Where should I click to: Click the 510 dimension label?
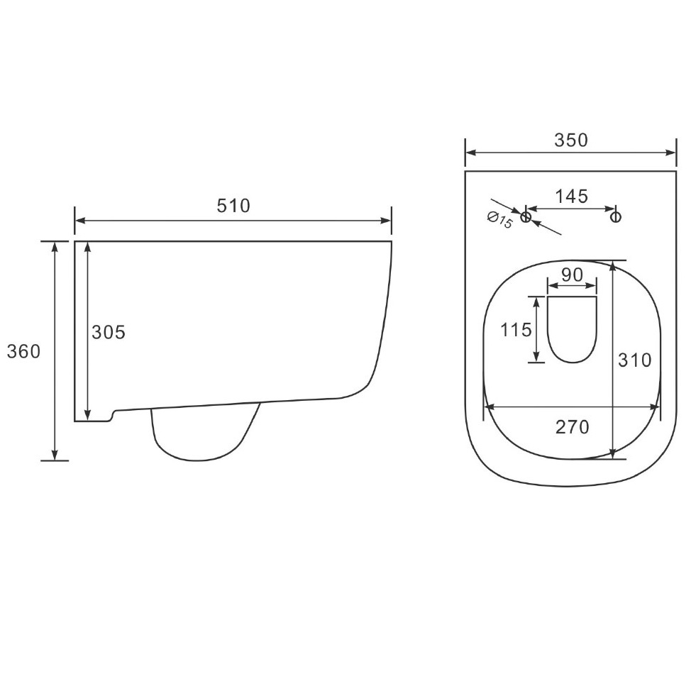click(233, 206)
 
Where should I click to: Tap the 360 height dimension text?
click(24, 351)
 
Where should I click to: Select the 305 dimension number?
click(109, 332)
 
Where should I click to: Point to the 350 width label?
click(571, 140)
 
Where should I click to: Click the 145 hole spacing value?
click(571, 196)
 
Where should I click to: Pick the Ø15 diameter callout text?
click(500, 220)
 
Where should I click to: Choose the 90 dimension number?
click(573, 275)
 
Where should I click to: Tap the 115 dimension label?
click(516, 330)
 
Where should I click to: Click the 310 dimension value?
click(634, 360)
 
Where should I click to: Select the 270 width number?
click(573, 427)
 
